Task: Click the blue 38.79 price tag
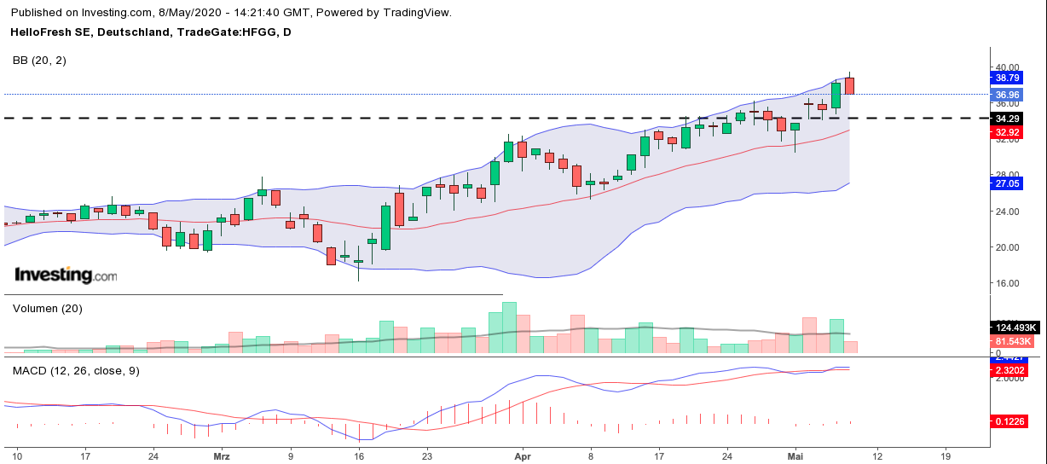1007,78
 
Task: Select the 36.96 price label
1007,95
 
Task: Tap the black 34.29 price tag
1007,118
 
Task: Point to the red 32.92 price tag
1007,132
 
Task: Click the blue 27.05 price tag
1007,183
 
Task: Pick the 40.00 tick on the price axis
1007,67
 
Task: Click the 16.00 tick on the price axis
1007,283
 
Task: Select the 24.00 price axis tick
1007,212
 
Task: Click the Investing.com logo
66,275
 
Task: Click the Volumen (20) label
47,309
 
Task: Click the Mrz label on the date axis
221,455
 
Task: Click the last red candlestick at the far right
850,85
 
